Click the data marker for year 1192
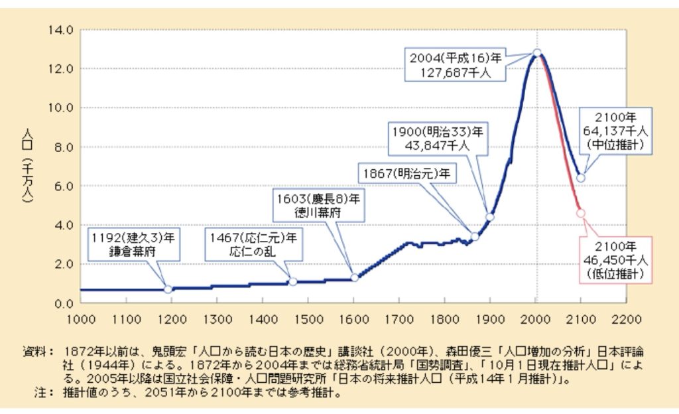168,289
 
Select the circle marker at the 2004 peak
537,52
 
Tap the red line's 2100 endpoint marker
581,213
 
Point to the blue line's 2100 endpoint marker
581,178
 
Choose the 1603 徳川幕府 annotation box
319,206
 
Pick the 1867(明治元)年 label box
405,174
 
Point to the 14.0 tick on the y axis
61,30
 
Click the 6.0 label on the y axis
64,186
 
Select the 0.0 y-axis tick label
64,303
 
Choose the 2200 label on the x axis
626,319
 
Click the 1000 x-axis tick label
80,319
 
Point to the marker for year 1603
355,277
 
